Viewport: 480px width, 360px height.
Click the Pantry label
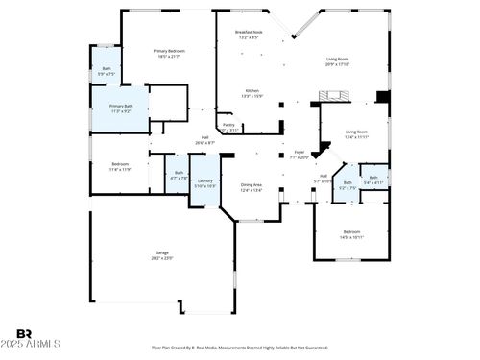point(228,127)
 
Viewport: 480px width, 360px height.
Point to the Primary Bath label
point(121,108)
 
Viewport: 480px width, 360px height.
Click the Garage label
point(162,255)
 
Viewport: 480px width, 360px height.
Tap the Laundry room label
point(205,182)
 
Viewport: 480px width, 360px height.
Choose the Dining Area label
point(251,187)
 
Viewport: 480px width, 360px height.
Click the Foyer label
point(300,155)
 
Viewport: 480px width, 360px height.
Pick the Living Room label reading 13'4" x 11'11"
point(356,134)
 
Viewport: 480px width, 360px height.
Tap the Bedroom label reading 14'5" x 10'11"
point(352,234)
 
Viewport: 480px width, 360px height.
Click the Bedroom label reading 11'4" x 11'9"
point(121,167)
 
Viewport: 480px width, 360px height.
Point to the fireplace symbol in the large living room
point(335,95)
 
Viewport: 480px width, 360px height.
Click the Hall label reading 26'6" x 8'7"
point(204,140)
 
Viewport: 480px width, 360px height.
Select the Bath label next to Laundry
point(179,175)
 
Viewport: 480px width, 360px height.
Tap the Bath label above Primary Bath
point(108,71)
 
